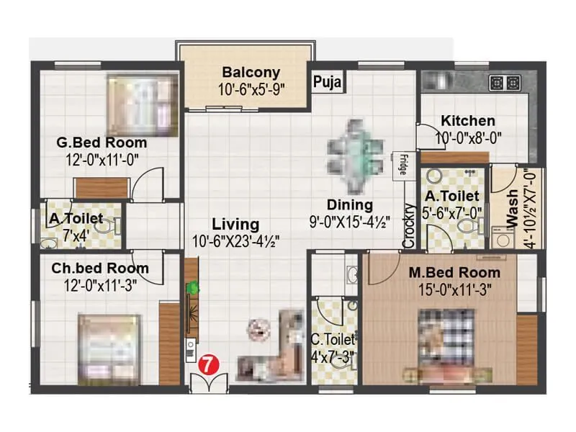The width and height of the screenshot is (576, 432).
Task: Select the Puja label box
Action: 328,81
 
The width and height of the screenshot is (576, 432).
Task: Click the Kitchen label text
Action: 468,121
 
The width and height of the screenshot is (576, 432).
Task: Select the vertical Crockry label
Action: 409,227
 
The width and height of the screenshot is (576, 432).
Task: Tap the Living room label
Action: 235,225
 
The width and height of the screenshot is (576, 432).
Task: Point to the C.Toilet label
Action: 333,339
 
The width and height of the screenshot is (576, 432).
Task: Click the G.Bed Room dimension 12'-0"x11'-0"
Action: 102,158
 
